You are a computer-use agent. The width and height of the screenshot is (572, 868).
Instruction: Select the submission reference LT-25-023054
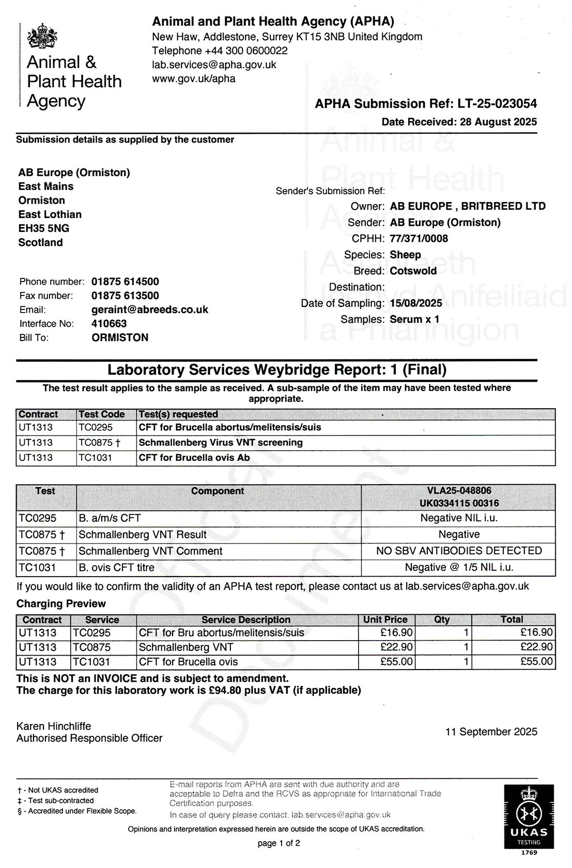[497, 104]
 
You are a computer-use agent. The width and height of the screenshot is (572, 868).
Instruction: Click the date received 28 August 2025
[497, 122]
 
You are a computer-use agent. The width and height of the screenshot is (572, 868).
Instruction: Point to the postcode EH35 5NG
[44, 228]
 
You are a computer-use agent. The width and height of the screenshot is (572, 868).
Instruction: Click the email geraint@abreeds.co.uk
[150, 309]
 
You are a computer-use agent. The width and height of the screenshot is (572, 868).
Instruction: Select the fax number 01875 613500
[125, 296]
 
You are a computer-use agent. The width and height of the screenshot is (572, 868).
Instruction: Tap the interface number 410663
[109, 323]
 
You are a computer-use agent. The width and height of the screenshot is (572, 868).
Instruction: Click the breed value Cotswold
[413, 271]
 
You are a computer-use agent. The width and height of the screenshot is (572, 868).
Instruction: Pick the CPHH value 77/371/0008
[419, 239]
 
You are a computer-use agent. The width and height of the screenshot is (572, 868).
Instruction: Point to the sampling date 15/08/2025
[416, 303]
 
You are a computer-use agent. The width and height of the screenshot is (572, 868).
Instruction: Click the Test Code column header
[102, 414]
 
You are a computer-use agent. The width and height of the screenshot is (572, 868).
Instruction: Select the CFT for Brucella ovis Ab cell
[194, 458]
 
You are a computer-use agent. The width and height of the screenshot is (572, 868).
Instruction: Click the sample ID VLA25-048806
[459, 490]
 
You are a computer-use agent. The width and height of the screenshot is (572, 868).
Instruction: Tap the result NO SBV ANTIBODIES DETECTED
[459, 551]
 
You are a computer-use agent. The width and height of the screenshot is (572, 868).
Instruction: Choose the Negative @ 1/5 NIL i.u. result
[459, 567]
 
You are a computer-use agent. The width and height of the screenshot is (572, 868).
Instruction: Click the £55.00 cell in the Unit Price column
[396, 662]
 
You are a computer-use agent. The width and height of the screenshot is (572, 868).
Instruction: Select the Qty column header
[442, 619]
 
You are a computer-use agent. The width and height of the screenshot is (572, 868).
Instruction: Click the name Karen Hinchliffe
[54, 726]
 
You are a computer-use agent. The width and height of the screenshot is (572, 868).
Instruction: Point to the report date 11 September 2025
[491, 732]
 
